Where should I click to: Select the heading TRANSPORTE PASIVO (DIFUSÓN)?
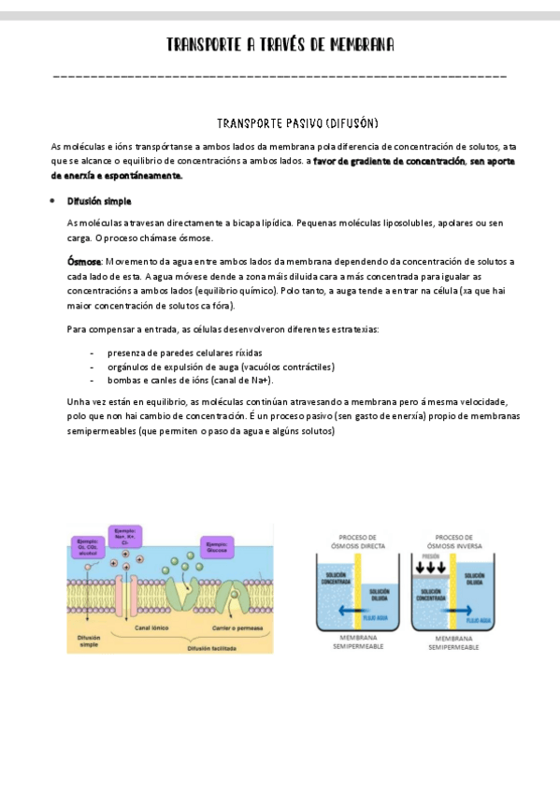pos(297,123)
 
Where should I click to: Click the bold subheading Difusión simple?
pos(99,201)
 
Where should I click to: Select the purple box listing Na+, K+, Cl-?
pos(122,537)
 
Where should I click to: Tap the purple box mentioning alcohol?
pos(88,546)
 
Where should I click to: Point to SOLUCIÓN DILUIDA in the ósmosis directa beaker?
pos(380,595)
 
